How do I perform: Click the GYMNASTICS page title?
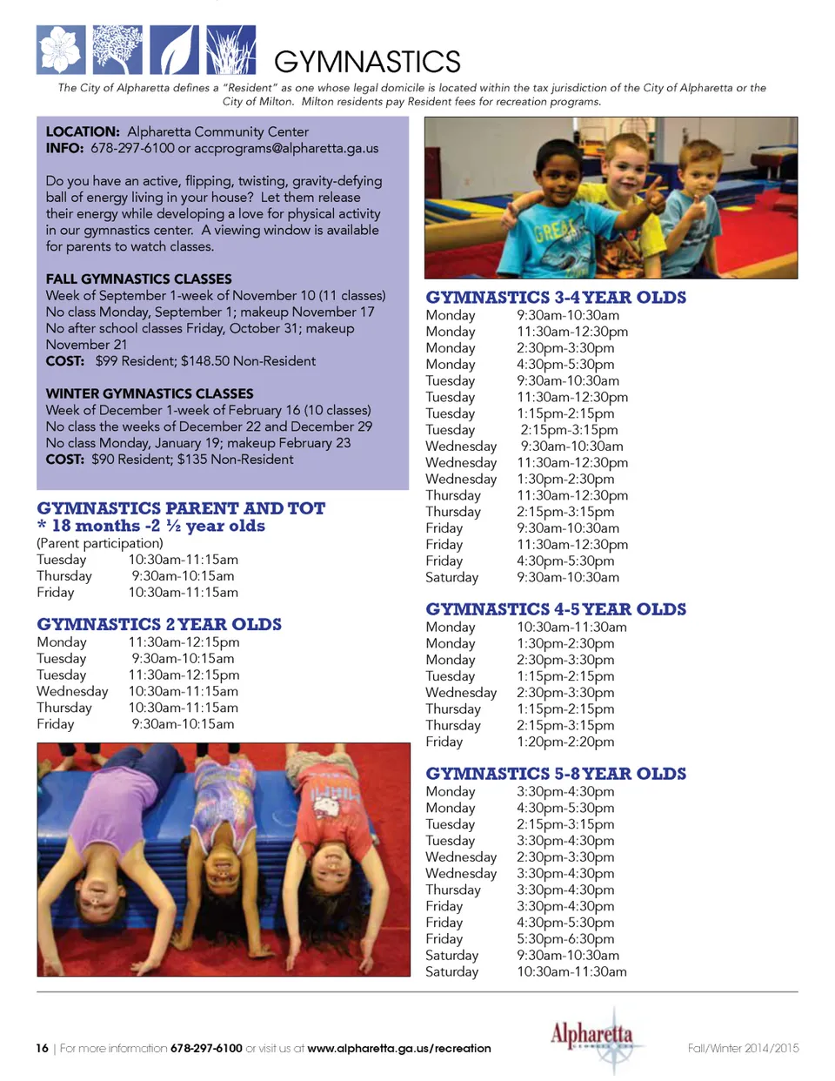click(367, 62)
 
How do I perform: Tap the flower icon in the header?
click(61, 50)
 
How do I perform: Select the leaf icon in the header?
click(174, 50)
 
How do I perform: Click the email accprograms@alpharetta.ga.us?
click(286, 148)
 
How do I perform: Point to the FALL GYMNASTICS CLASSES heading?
click(139, 279)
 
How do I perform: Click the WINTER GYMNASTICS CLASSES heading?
click(150, 393)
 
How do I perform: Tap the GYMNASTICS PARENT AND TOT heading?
click(181, 508)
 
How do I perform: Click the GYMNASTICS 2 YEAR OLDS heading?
click(159, 624)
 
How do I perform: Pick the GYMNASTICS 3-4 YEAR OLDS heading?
click(556, 298)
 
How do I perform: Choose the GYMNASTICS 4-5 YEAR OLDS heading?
click(556, 609)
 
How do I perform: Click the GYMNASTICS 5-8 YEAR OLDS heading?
click(556, 774)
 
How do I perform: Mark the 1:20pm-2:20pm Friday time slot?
click(565, 742)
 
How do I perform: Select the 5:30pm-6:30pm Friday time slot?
click(565, 939)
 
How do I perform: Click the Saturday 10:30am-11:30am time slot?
click(571, 972)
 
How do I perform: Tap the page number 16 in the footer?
click(42, 1048)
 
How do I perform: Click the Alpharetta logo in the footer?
click(591, 1037)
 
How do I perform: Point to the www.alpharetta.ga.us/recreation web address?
click(399, 1048)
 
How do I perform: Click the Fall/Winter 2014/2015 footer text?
click(743, 1048)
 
